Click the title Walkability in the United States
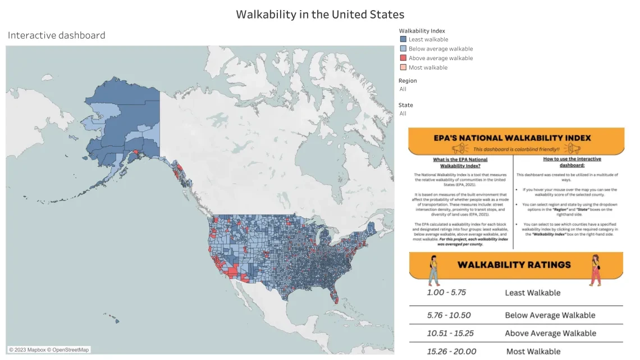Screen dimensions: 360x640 pyautogui.click(x=320, y=14)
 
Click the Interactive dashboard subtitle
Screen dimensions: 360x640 pyautogui.click(x=56, y=35)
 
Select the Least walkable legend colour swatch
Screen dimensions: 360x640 pyautogui.click(x=403, y=39)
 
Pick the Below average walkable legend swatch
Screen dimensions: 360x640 pyautogui.click(x=403, y=49)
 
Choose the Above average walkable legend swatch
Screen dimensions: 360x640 pyautogui.click(x=403, y=58)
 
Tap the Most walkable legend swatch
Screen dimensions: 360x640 pyautogui.click(x=403, y=67)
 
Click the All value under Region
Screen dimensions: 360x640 pyautogui.click(x=403, y=89)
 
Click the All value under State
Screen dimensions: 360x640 pyautogui.click(x=403, y=113)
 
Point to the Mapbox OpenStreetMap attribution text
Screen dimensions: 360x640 pyautogui.click(x=49, y=350)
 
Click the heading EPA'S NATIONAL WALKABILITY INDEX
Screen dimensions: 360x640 pyautogui.click(x=516, y=138)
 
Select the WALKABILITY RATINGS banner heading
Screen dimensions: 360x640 pyautogui.click(x=514, y=265)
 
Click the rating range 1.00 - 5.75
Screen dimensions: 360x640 pyautogui.click(x=446, y=293)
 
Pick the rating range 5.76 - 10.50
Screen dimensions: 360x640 pyautogui.click(x=449, y=315)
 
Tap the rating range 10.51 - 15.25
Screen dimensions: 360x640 pyautogui.click(x=450, y=333)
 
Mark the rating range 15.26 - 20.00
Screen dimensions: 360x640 pyautogui.click(x=451, y=352)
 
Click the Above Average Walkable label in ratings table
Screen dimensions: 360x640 pyautogui.click(x=550, y=333)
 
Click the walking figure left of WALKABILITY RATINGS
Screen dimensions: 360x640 pyautogui.click(x=433, y=270)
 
